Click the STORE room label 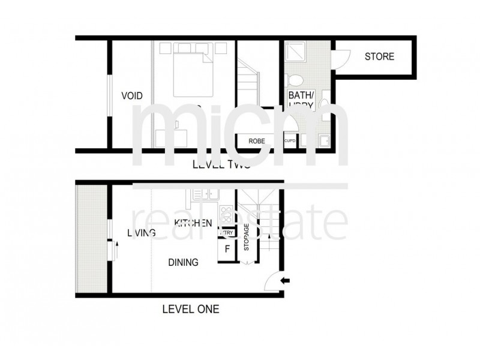380,57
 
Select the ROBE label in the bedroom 257,141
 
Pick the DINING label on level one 183,262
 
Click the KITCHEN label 193,223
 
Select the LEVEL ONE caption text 190,310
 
